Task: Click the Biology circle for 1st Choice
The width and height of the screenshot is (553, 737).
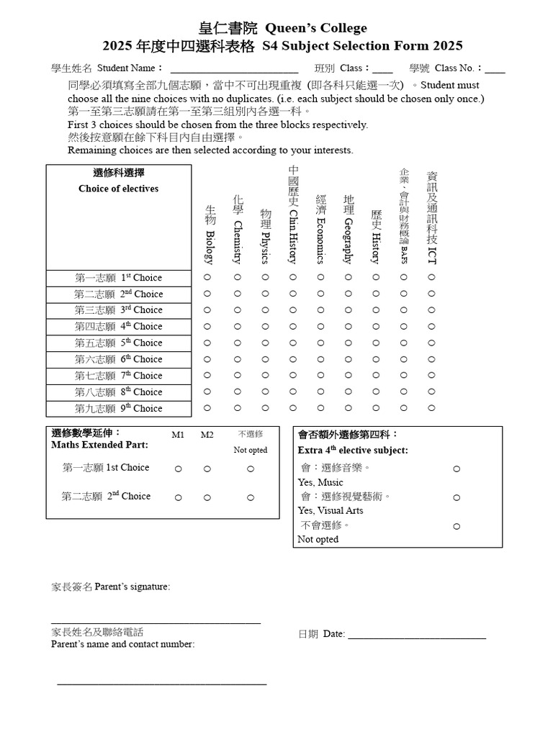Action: (207, 277)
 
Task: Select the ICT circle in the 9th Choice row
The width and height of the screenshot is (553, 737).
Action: (431, 408)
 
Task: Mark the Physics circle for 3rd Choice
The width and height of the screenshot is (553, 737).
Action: (264, 309)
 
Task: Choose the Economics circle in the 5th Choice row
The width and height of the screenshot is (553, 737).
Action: (320, 343)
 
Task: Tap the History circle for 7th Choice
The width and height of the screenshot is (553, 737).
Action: (375, 375)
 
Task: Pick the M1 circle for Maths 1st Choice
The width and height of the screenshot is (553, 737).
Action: (178, 469)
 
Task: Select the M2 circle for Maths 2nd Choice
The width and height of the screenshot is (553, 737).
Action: (207, 497)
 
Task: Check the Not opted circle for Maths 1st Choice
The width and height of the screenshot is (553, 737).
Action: (251, 469)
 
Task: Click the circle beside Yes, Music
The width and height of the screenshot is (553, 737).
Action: (457, 469)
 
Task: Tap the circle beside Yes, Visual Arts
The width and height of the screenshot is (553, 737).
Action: (457, 497)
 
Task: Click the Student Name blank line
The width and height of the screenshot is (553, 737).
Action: (233, 70)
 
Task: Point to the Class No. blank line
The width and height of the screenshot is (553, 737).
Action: (495, 70)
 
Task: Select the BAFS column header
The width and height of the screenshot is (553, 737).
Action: (403, 216)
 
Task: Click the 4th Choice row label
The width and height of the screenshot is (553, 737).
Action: (119, 326)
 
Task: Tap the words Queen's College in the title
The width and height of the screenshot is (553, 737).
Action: (316, 28)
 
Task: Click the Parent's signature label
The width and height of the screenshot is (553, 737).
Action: (111, 587)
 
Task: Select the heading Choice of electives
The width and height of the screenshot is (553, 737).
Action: (119, 189)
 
